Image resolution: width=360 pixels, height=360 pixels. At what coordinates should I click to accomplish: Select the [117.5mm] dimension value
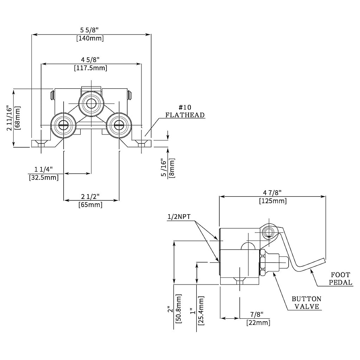(90, 68)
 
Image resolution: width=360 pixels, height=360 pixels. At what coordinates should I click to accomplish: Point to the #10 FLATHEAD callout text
(185, 111)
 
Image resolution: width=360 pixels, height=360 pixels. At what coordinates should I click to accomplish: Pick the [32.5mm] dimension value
(44, 178)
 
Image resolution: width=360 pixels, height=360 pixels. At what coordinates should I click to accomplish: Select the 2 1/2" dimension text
(90, 196)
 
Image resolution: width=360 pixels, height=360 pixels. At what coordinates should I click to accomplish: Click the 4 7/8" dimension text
(272, 193)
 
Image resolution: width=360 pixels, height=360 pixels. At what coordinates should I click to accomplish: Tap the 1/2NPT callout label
(179, 217)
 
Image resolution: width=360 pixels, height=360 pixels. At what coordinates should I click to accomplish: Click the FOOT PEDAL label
(340, 278)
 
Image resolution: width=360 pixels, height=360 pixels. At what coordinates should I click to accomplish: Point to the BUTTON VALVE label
(306, 303)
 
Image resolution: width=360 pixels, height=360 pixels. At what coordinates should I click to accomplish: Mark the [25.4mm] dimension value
(201, 310)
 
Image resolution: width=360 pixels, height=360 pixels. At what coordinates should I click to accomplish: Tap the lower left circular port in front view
(63, 125)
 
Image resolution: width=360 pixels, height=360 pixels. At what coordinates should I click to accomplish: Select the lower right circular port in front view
(119, 125)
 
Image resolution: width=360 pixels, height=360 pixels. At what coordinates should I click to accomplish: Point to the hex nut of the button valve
(262, 262)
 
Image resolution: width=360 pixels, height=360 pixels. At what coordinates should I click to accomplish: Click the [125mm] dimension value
(272, 201)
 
